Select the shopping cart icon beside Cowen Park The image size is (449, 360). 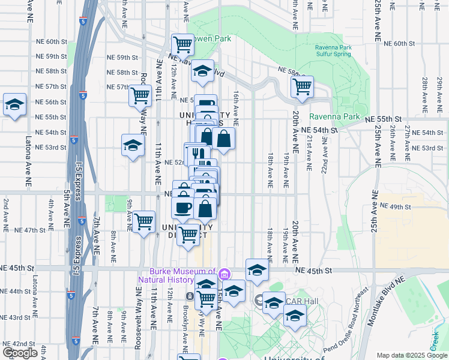pos(182,44)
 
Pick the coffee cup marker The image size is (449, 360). pos(182,208)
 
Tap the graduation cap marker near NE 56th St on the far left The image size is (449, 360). pos(14,104)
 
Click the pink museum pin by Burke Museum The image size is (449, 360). pos(224,275)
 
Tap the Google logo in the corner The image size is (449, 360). pos(20,353)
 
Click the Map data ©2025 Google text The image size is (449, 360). pos(412,355)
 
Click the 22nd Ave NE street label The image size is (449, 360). pos(324,155)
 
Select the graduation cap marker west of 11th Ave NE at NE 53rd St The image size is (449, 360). pos(133,145)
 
